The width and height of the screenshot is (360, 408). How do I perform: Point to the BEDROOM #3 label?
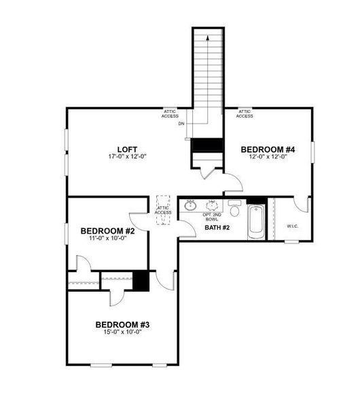click(122, 324)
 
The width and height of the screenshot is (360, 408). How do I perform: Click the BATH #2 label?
click(217, 227)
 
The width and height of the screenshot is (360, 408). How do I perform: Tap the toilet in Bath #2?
click(234, 207)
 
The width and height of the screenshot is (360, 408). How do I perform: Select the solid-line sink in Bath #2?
click(191, 205)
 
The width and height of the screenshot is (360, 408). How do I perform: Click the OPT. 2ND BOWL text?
click(212, 217)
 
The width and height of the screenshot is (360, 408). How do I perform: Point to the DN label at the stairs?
click(181, 124)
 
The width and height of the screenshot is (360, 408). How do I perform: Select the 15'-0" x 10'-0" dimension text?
click(122, 333)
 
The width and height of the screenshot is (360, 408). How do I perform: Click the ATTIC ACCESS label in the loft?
click(170, 114)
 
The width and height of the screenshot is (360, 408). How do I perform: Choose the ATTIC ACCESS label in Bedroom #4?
click(245, 114)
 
